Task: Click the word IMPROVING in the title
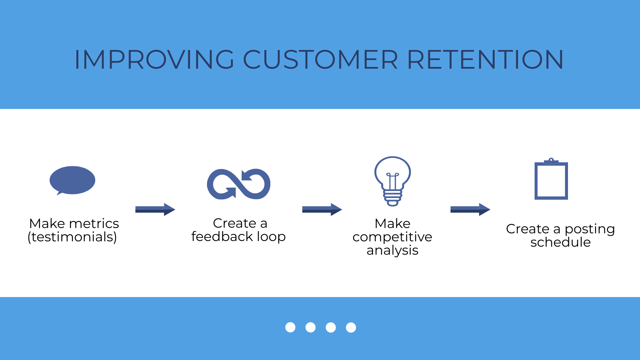pyautogui.click(x=154, y=60)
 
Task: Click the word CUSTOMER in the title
pyautogui.click(x=320, y=60)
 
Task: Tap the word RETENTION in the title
pyautogui.click(x=485, y=60)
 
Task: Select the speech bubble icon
pyautogui.click(x=72, y=180)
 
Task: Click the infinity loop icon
pyautogui.click(x=239, y=184)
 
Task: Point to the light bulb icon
pyautogui.click(x=392, y=181)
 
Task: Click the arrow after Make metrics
pyautogui.click(x=155, y=209)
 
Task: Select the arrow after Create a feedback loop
pyautogui.click(x=322, y=209)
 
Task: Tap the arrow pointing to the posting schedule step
pyautogui.click(x=470, y=209)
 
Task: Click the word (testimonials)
pyautogui.click(x=72, y=237)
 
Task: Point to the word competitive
pyautogui.click(x=392, y=237)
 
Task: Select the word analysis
pyautogui.click(x=392, y=250)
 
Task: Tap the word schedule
pyautogui.click(x=560, y=242)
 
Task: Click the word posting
pyautogui.click(x=589, y=229)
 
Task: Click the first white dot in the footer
pyautogui.click(x=290, y=327)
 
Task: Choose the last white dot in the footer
pyautogui.click(x=351, y=327)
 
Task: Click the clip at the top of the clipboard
pyautogui.click(x=551, y=161)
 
